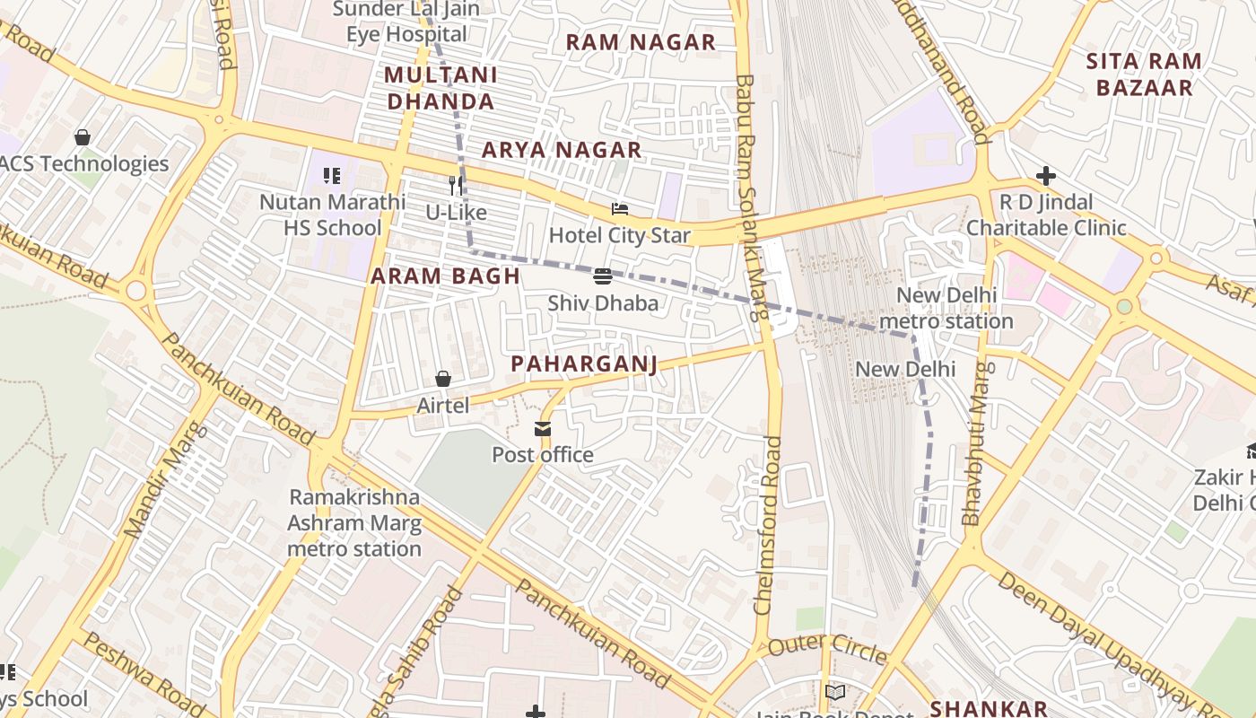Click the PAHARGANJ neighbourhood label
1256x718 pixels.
pyautogui.click(x=584, y=363)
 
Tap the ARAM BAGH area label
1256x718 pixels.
pyautogui.click(x=446, y=276)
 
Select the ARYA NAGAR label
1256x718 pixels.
pyautogui.click(x=562, y=150)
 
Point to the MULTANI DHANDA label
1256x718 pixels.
pyautogui.click(x=440, y=88)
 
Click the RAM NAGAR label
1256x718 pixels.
pyautogui.click(x=641, y=42)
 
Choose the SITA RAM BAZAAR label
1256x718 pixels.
pyautogui.click(x=1144, y=74)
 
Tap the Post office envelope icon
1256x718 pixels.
pyautogui.click(x=543, y=429)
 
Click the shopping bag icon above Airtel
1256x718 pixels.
pyautogui.click(x=443, y=379)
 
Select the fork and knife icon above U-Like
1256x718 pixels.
pyautogui.click(x=456, y=186)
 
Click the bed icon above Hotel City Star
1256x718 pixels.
pyautogui.click(x=619, y=209)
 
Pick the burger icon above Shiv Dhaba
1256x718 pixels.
pyautogui.click(x=603, y=276)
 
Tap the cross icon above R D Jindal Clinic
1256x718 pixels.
pyautogui.click(x=1045, y=176)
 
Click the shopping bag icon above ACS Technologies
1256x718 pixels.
pyautogui.click(x=83, y=137)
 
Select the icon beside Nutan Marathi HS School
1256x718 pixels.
pyautogui.click(x=332, y=176)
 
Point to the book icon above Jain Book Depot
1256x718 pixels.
pyautogui.click(x=834, y=692)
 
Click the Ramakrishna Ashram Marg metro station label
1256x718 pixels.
pyautogui.click(x=354, y=522)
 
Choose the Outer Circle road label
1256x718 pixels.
pyautogui.click(x=827, y=646)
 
